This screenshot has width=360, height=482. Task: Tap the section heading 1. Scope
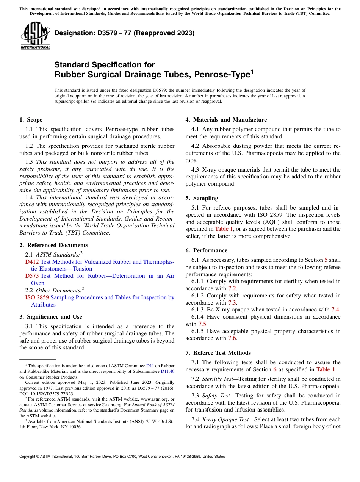point(31,120)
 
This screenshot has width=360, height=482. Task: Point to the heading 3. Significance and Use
point(50,317)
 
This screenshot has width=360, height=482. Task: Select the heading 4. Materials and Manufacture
point(226,120)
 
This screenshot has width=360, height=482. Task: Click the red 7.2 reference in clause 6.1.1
point(232,288)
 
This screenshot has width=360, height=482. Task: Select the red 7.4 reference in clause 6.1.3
point(335,310)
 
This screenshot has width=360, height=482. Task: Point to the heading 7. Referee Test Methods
point(218,353)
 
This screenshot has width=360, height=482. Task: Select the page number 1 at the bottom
point(180,466)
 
